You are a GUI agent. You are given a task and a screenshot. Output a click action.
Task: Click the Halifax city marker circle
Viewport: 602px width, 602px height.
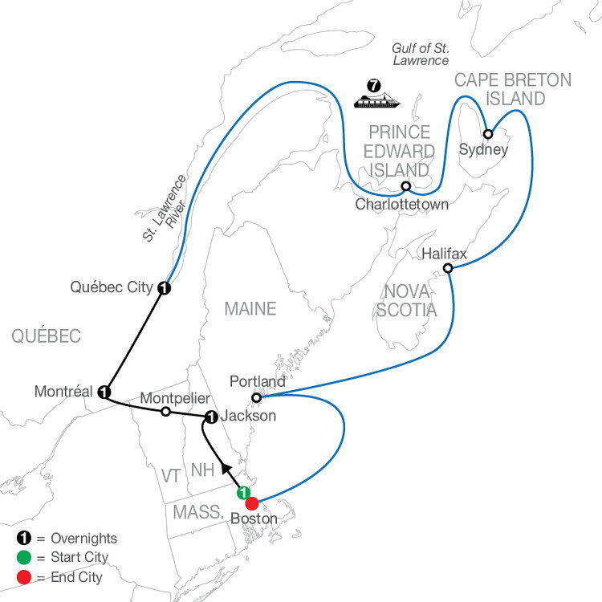click(x=448, y=268)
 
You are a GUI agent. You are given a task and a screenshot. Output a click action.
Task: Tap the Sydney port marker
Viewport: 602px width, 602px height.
click(x=487, y=134)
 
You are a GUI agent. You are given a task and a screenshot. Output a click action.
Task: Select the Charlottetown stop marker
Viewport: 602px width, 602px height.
click(x=406, y=186)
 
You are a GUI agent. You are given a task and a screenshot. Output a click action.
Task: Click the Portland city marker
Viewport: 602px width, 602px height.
click(x=256, y=397)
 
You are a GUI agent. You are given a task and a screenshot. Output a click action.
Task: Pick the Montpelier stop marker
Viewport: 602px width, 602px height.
click(x=165, y=412)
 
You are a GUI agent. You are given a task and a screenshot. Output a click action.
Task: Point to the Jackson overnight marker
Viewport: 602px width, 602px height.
click(x=210, y=417)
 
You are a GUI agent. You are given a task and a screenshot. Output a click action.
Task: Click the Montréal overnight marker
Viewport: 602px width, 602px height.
click(x=104, y=393)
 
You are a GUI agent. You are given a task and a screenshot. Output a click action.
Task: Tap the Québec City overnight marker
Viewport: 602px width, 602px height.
click(x=164, y=288)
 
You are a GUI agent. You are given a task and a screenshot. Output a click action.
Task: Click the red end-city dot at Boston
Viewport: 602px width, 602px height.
click(x=251, y=504)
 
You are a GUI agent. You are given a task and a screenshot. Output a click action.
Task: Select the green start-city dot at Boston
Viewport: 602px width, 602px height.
click(x=243, y=493)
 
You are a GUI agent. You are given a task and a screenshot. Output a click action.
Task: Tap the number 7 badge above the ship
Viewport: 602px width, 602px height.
click(x=372, y=83)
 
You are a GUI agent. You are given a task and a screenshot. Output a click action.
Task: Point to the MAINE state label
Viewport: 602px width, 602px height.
click(x=250, y=308)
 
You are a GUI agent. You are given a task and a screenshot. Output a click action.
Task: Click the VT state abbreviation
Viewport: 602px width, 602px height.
click(x=171, y=476)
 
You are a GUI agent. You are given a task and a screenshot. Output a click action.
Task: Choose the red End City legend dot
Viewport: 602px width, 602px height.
click(x=22, y=575)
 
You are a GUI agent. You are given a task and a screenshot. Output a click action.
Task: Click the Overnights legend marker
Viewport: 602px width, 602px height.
click(x=22, y=539)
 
